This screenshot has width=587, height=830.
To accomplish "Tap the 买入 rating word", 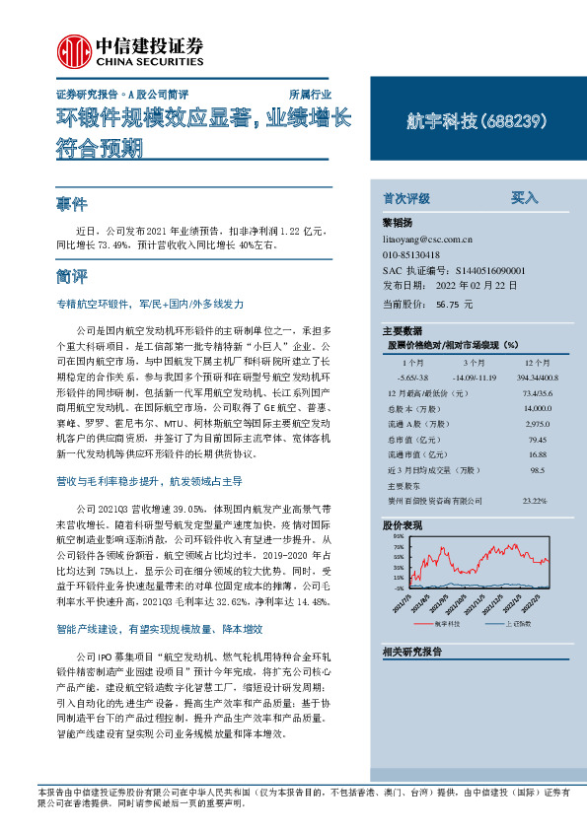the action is coord(524,197).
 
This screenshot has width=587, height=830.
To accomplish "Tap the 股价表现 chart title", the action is coord(403,526).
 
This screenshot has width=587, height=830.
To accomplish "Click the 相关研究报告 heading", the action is coord(411,652).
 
